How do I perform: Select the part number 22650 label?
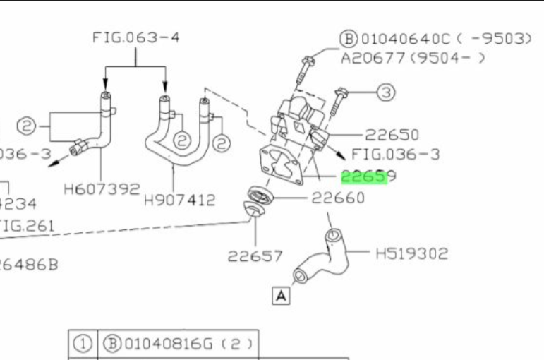392,135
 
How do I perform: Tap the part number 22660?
338,198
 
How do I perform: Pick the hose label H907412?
179,200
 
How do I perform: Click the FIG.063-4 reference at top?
135,37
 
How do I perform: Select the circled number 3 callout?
385,92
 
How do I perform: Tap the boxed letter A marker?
281,296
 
